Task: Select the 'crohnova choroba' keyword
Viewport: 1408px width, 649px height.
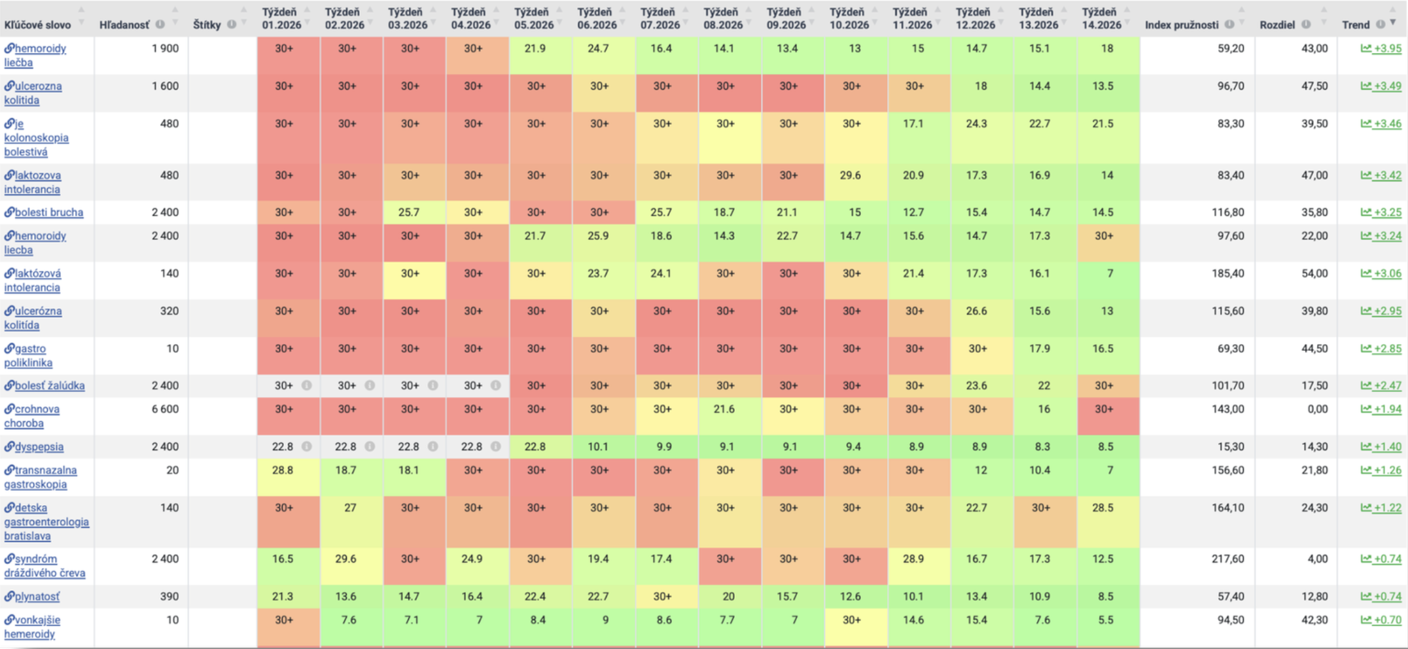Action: click(32, 416)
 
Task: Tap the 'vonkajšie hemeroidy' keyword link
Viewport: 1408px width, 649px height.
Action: click(32, 627)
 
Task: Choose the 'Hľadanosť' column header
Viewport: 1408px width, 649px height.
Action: click(124, 25)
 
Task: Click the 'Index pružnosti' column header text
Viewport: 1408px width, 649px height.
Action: click(1182, 25)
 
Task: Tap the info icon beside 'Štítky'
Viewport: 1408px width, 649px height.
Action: click(232, 25)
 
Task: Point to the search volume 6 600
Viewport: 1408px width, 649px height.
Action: click(165, 409)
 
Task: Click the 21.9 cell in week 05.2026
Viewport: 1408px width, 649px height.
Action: click(535, 48)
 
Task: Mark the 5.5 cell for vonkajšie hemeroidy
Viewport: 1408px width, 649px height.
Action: click(1106, 620)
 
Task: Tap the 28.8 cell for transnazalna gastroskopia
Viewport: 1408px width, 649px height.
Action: click(283, 470)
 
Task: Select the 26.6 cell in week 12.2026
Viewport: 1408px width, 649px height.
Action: click(976, 311)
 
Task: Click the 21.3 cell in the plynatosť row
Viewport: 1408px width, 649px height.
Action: click(283, 596)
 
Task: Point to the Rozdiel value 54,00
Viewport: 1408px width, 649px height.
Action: click(1314, 273)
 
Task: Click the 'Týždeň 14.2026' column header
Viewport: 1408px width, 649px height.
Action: click(1100, 18)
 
